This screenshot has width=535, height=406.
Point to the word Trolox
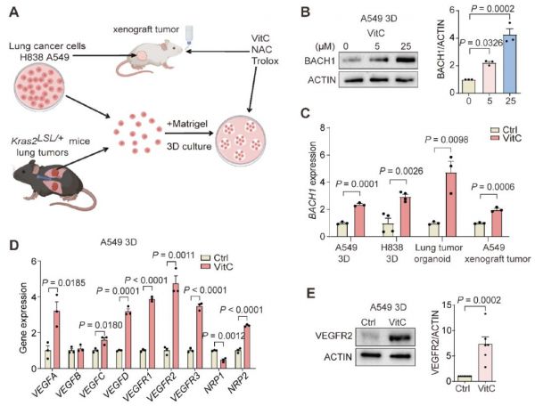coord(265,61)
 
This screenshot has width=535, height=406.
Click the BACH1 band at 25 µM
coord(406,61)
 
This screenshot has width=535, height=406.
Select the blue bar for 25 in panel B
coord(510,64)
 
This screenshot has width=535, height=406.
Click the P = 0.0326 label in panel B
coord(481,42)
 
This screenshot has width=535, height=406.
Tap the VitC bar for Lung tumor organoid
coord(450,205)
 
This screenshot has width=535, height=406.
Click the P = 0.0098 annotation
coord(447,139)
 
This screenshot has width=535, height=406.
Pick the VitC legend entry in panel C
coord(506,138)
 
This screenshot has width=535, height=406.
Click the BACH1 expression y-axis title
coord(312,180)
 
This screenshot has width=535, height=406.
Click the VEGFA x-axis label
coord(42,385)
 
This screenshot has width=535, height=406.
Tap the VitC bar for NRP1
coord(223,364)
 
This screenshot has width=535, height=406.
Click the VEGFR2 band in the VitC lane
coord(397,337)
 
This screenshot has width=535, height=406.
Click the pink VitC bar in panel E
coord(485,362)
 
